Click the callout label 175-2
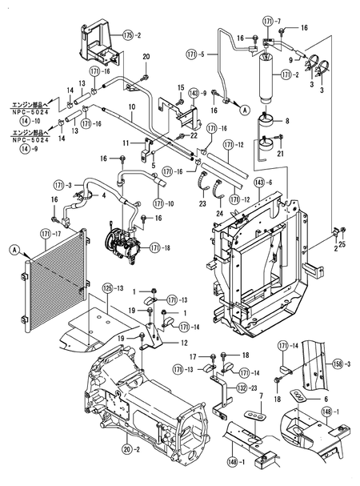(x=132, y=35)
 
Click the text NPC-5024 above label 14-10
(x=34, y=113)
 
